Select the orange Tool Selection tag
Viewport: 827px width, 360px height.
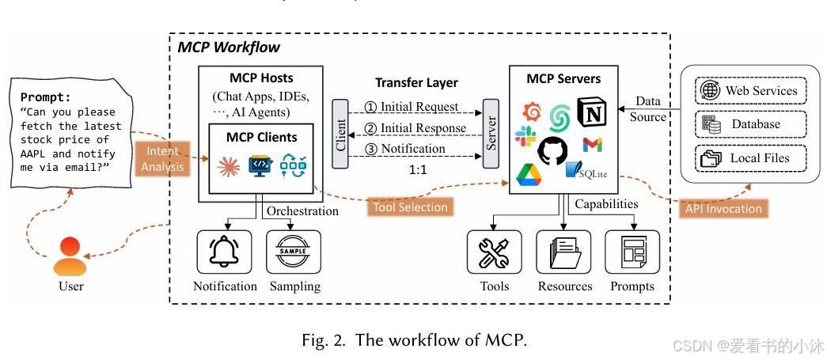click(x=410, y=207)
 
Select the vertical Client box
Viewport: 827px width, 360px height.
click(x=341, y=134)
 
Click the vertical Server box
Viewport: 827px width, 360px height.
click(x=491, y=134)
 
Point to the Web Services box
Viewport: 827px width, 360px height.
click(x=749, y=90)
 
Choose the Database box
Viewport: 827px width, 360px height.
click(x=749, y=124)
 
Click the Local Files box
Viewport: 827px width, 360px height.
click(x=749, y=158)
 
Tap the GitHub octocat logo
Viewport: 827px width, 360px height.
click(x=552, y=150)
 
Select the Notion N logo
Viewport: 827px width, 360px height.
click(x=590, y=112)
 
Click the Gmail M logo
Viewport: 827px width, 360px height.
click(x=593, y=145)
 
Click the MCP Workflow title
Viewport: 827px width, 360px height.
click(x=229, y=47)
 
